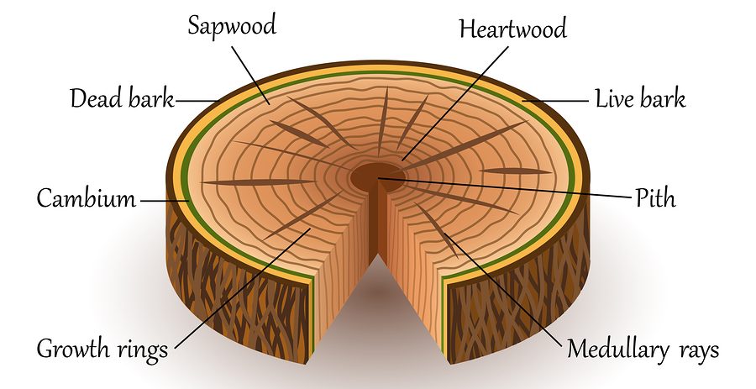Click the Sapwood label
pos(232,25)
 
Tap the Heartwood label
pos(512,29)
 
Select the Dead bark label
pos(121,99)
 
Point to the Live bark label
pos(640,98)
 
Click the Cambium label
pos(86,200)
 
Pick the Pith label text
pos(655,199)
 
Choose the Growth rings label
pos(102,347)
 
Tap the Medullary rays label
pos(643,349)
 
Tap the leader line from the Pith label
pos(504,188)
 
